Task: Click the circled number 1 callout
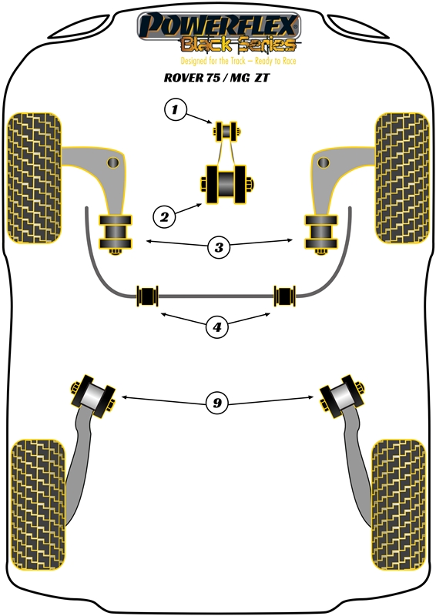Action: click(x=175, y=109)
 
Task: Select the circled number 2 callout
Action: click(x=164, y=216)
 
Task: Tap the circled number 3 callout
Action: click(x=219, y=247)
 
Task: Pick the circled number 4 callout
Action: click(x=217, y=326)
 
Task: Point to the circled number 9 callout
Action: click(x=217, y=403)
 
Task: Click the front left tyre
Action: click(x=34, y=178)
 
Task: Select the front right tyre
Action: click(x=402, y=178)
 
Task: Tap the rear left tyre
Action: click(x=38, y=505)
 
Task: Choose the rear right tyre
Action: click(x=398, y=505)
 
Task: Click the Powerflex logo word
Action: click(x=219, y=25)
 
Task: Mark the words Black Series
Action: click(x=238, y=45)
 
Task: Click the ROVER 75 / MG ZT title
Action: click(x=216, y=78)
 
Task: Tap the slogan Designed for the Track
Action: click(x=213, y=61)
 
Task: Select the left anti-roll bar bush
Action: click(x=147, y=296)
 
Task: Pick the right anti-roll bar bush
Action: click(x=285, y=296)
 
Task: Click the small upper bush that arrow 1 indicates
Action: click(x=226, y=131)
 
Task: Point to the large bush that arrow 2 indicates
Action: click(x=226, y=185)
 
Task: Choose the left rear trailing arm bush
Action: click(x=92, y=397)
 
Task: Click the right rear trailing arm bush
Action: click(x=341, y=397)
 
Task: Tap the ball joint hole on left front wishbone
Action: click(x=112, y=162)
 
